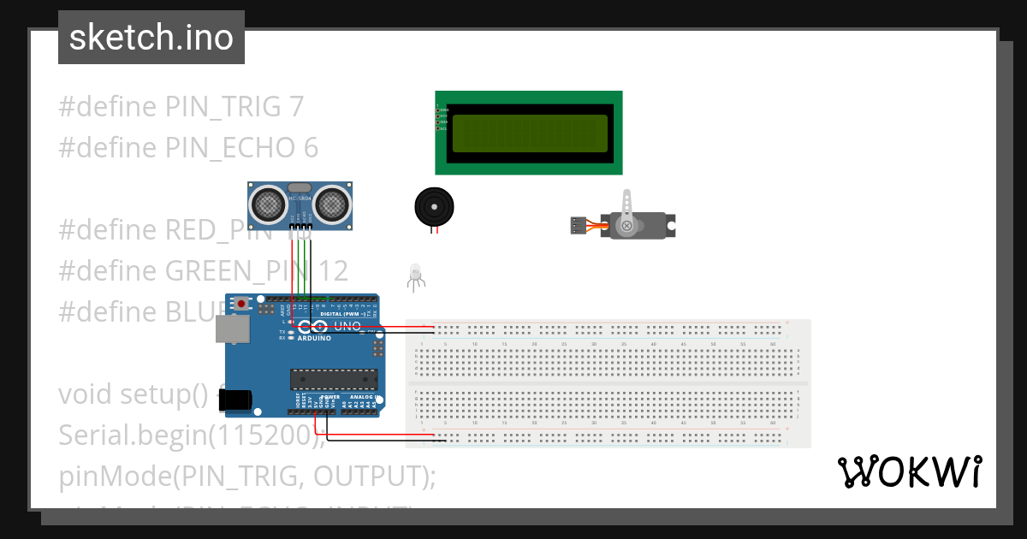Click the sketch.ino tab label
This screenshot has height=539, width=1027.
click(151, 38)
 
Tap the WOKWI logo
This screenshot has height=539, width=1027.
click(909, 472)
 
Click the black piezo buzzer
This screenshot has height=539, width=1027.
click(434, 206)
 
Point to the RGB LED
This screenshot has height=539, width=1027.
click(416, 273)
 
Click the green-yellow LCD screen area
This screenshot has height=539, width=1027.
click(530, 133)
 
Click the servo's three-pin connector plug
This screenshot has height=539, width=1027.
click(579, 226)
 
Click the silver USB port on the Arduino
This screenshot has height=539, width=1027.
click(229, 329)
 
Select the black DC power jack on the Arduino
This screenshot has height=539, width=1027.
click(234, 400)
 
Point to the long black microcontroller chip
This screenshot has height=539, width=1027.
click(334, 378)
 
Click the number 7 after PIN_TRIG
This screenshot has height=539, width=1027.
click(296, 107)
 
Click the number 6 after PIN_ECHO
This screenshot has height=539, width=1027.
click(311, 148)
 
